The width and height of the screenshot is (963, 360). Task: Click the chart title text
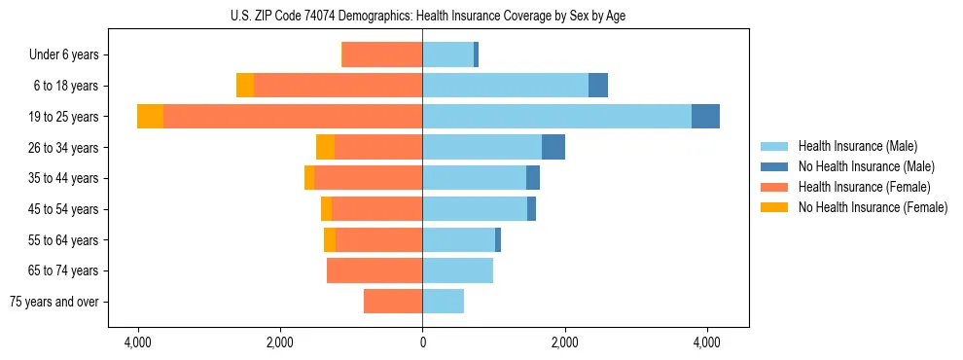pyautogui.click(x=422, y=16)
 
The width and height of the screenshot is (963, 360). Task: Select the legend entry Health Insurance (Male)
pyautogui.click(x=857, y=146)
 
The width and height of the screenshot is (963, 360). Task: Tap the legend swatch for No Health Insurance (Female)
pyautogui.click(x=774, y=207)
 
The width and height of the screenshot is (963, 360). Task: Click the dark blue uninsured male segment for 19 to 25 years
pyautogui.click(x=705, y=117)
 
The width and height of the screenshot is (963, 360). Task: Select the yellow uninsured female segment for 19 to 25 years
pyautogui.click(x=150, y=117)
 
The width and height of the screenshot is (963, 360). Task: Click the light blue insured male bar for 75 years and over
pyautogui.click(x=443, y=302)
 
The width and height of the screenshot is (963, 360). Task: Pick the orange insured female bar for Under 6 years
pyautogui.click(x=381, y=55)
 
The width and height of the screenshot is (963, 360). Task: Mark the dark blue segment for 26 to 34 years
pyautogui.click(x=553, y=148)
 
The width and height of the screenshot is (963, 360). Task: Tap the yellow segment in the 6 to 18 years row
pyautogui.click(x=245, y=86)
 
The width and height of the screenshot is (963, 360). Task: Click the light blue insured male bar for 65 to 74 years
pyautogui.click(x=457, y=270)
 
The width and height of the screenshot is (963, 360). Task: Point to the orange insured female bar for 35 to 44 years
pyautogui.click(x=368, y=178)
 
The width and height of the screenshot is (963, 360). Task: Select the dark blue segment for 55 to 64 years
pyautogui.click(x=498, y=240)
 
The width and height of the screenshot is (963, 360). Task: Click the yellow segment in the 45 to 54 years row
pyautogui.click(x=327, y=209)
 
